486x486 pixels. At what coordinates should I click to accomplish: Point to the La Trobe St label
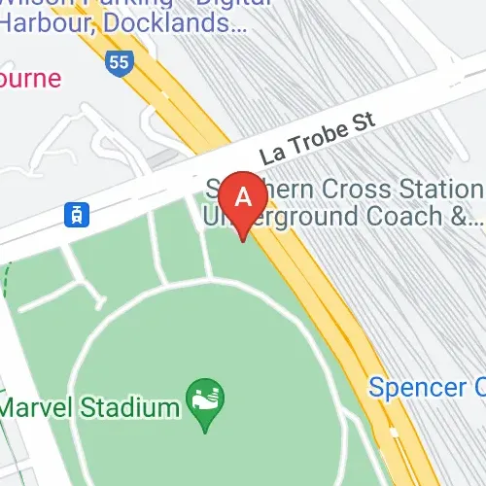[316, 143]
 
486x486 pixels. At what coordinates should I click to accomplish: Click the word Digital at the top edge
[225, 4]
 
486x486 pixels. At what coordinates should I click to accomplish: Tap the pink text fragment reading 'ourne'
[29, 76]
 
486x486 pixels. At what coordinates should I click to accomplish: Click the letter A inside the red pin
[243, 195]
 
